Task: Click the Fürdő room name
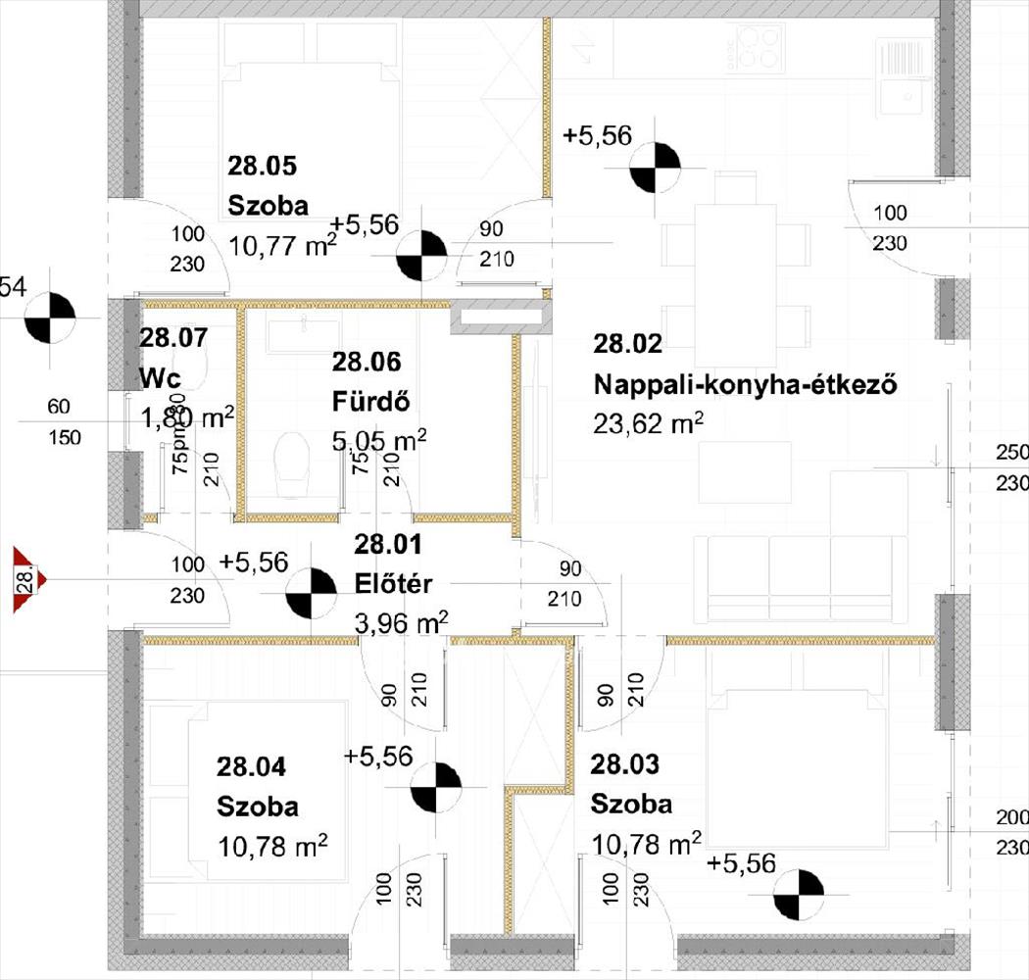[x=370, y=401]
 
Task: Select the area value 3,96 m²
[x=399, y=621]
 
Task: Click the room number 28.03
[x=624, y=764]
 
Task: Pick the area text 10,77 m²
[x=282, y=245]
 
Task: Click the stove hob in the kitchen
[x=757, y=46]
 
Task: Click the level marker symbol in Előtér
[x=309, y=595]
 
